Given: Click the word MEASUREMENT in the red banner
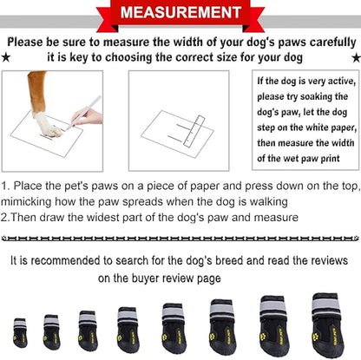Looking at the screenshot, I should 180,13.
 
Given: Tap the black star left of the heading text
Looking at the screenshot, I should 6,58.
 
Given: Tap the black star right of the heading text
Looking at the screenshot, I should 354,58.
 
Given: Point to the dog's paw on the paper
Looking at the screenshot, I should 48,128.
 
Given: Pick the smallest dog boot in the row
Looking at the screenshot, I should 20,332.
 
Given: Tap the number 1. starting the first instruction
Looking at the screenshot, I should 6,186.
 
